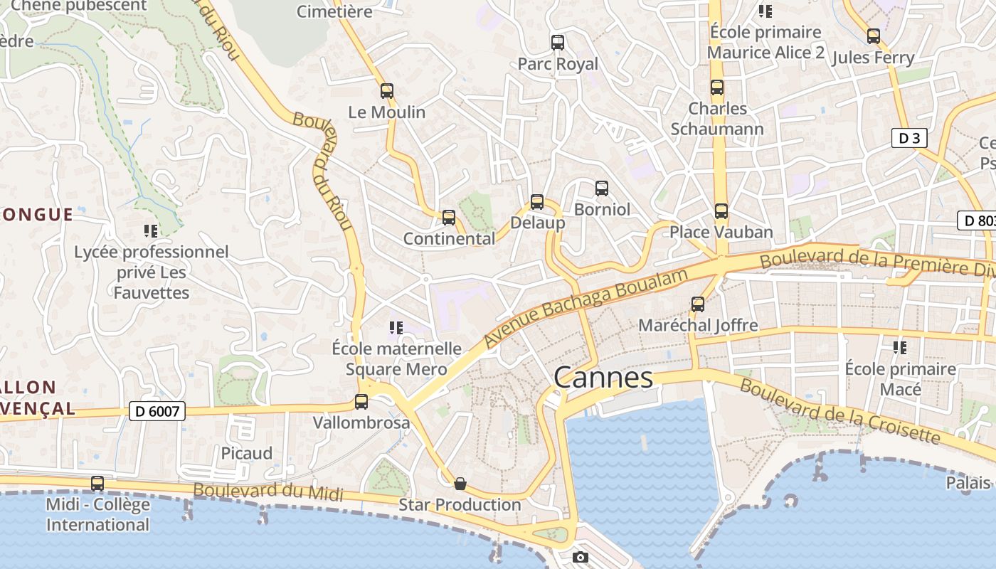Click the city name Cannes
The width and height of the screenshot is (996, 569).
click(x=603, y=378)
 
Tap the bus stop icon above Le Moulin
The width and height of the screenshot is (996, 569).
click(x=387, y=91)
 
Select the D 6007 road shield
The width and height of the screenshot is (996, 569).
click(x=158, y=410)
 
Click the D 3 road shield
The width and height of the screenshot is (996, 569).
click(x=909, y=138)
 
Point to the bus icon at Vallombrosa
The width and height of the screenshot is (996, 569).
click(x=361, y=402)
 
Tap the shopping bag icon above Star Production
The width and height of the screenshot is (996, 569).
click(x=460, y=484)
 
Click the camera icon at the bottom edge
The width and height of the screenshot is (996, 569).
click(x=581, y=557)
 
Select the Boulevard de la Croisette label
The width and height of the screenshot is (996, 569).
click(x=839, y=410)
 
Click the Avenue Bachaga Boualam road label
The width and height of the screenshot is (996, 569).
click(x=587, y=307)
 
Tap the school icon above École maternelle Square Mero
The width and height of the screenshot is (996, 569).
click(x=396, y=328)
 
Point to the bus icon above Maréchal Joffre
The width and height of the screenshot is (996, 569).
click(x=698, y=304)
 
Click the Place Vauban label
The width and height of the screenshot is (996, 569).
click(x=721, y=232)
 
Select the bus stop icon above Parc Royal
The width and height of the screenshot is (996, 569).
click(x=558, y=43)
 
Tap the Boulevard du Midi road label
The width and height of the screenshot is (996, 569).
click(x=268, y=491)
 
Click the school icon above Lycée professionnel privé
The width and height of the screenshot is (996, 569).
click(x=151, y=230)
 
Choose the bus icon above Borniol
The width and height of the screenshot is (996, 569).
click(x=602, y=188)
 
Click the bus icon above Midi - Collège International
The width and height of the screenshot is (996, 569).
click(x=97, y=484)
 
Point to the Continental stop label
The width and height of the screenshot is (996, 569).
click(x=449, y=239)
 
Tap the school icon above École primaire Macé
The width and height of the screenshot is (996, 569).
click(x=900, y=348)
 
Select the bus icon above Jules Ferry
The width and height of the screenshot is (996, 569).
click(x=874, y=36)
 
